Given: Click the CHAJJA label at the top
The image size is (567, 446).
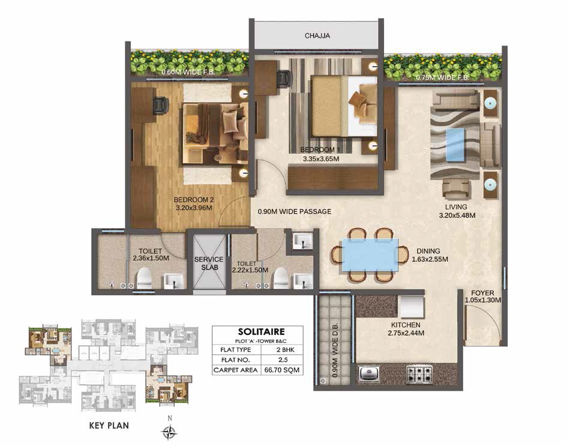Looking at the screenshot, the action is (317, 36).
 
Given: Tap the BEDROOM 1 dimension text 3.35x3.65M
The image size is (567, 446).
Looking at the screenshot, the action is (321, 159).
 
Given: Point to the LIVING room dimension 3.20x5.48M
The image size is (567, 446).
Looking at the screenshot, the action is (457, 215).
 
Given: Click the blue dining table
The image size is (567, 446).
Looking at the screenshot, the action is (370, 255).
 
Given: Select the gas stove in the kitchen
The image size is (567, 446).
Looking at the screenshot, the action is (419, 375).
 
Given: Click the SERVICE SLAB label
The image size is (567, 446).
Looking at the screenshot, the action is (209, 264).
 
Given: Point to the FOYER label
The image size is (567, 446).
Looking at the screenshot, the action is (482, 293).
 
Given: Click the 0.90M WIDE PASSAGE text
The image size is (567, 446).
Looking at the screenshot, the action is (295, 212).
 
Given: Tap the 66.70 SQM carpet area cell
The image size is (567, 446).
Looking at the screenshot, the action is (281, 370).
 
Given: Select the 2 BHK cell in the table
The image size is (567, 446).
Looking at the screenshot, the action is (281, 350).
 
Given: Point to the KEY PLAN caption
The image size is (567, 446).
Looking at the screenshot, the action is (109, 426).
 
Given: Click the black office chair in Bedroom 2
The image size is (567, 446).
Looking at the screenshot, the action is (161, 105).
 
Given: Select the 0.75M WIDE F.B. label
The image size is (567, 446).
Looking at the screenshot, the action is (442, 77).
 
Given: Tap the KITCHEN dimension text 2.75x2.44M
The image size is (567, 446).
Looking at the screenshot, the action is (406, 333).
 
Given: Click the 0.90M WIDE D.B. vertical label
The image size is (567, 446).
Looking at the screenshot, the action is (334, 350).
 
